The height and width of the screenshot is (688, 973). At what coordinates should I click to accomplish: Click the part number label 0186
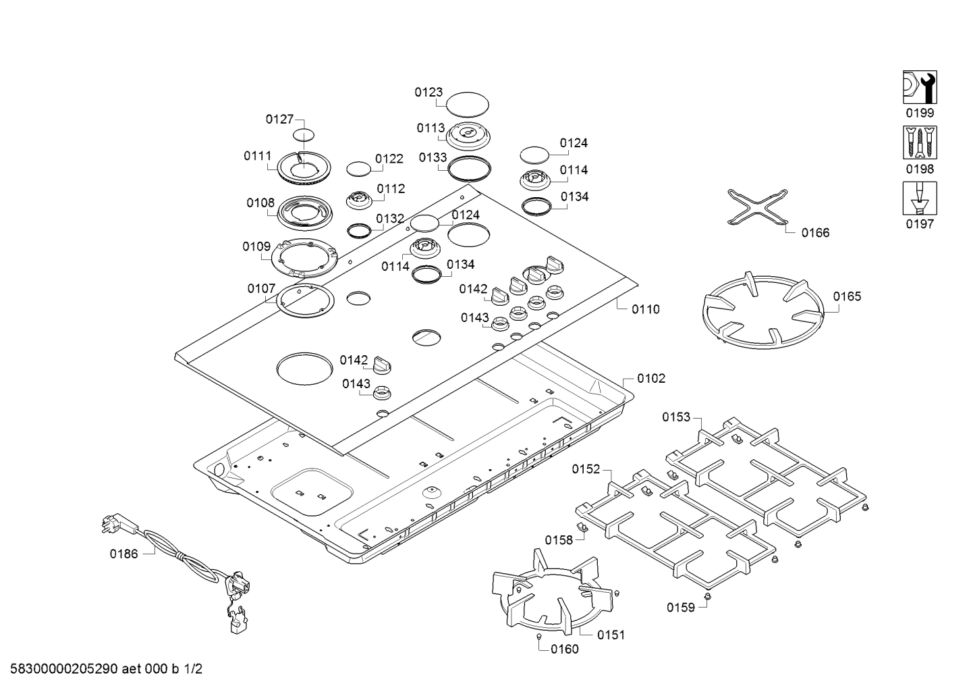[123, 554]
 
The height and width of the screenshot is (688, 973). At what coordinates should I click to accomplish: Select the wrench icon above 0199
[920, 87]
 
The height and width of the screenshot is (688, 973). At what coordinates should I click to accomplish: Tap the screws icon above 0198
[920, 142]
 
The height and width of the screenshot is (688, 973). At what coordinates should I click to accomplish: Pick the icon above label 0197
[920, 198]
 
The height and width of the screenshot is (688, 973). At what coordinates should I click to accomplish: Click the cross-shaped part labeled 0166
[758, 207]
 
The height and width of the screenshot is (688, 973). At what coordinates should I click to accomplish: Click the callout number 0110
[645, 309]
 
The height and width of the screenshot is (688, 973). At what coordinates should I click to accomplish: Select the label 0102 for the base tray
[650, 379]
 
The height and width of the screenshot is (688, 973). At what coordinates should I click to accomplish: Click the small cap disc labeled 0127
[304, 133]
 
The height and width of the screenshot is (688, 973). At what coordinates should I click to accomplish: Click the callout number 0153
[676, 417]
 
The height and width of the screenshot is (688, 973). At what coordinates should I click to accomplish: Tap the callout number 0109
[256, 247]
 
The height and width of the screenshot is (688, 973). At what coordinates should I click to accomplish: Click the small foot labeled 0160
[539, 637]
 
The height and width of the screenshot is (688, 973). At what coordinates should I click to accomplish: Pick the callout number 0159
[681, 608]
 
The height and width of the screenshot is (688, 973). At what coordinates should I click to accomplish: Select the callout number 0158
[559, 539]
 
